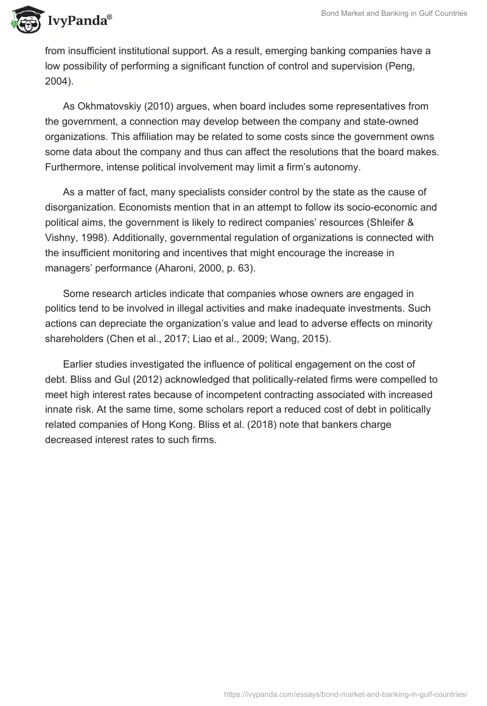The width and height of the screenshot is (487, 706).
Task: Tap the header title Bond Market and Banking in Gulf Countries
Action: point(394,13)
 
